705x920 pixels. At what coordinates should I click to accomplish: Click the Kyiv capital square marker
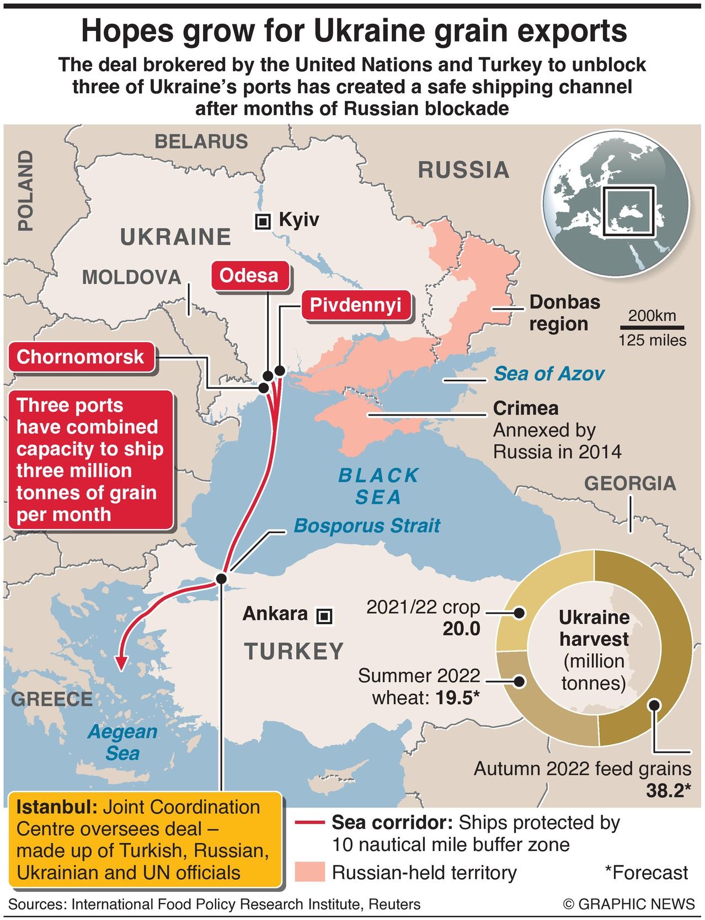(x=263, y=222)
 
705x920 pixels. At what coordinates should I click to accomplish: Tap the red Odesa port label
(x=249, y=275)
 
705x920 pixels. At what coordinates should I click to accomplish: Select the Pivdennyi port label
(x=355, y=305)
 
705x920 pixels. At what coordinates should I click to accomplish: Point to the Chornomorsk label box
(x=81, y=357)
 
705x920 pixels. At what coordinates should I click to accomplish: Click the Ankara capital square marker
(x=324, y=615)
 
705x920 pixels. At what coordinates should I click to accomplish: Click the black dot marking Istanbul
(x=221, y=578)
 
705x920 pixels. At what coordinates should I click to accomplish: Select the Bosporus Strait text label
(x=367, y=525)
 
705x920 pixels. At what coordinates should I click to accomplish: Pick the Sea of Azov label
(x=548, y=374)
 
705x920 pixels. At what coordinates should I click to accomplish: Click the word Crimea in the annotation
(x=525, y=408)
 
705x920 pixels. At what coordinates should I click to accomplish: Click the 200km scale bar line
(x=652, y=326)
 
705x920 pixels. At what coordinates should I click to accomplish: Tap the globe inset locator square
(x=628, y=212)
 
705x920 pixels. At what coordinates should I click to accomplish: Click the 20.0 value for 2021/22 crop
(x=461, y=629)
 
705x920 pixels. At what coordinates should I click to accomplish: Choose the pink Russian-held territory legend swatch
(x=309, y=872)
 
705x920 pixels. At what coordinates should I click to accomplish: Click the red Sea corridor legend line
(x=309, y=823)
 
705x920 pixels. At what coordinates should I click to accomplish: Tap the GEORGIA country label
(x=629, y=483)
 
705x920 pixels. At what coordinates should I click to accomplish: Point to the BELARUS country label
(x=201, y=142)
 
